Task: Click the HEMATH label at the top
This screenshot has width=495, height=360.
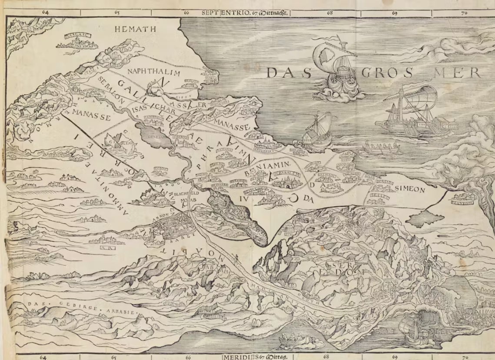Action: (130, 30)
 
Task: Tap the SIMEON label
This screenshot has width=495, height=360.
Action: (410, 190)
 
